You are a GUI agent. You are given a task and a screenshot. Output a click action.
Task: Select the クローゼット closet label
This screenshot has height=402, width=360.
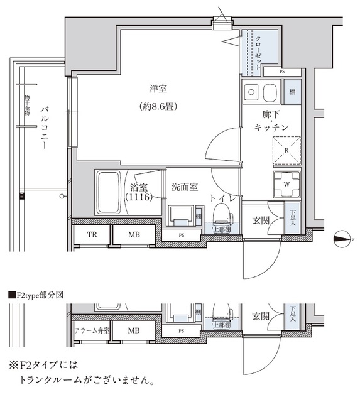click(x=258, y=53)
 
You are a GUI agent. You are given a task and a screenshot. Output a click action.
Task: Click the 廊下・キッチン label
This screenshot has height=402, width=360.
click(x=272, y=121)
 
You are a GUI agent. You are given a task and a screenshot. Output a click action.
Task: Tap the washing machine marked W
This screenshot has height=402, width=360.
click(x=286, y=184)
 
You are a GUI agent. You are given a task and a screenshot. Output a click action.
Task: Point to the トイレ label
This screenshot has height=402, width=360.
click(x=224, y=198)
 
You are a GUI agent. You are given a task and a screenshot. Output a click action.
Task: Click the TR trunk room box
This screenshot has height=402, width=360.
click(x=92, y=235)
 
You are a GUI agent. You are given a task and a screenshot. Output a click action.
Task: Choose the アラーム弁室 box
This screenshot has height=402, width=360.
click(x=92, y=330)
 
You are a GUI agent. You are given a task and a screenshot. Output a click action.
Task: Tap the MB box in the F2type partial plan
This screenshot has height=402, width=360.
click(x=133, y=330)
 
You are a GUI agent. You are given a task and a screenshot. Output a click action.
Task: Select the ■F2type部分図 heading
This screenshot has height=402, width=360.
click(x=37, y=294)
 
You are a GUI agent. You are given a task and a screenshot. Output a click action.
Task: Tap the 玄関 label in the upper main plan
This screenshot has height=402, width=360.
click(x=261, y=220)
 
